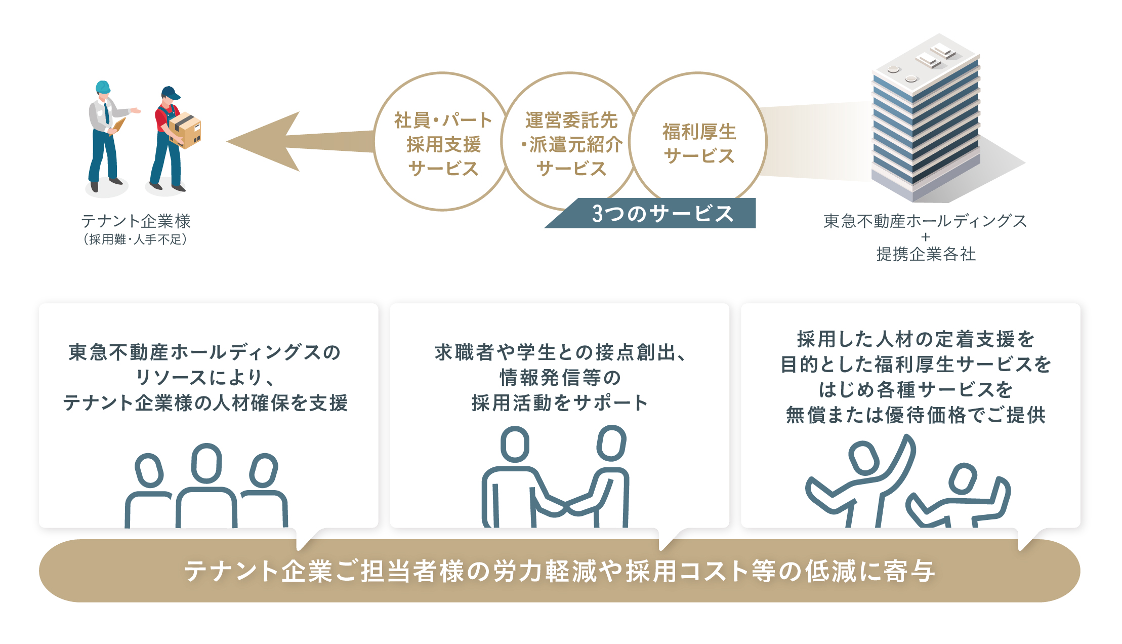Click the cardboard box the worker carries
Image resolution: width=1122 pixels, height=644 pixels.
point(185,130)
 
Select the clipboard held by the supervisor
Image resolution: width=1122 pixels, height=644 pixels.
point(118,126)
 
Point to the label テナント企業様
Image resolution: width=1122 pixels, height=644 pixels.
point(136,221)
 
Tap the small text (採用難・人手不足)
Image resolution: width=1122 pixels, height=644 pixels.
point(136,239)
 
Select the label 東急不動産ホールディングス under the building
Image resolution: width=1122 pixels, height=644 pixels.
point(925,221)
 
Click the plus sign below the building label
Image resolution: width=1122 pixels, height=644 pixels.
point(926,237)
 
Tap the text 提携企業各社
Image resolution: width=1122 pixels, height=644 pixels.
point(926,254)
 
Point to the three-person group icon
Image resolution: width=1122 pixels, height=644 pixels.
point(206,486)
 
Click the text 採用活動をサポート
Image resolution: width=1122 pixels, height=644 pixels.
point(560,403)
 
